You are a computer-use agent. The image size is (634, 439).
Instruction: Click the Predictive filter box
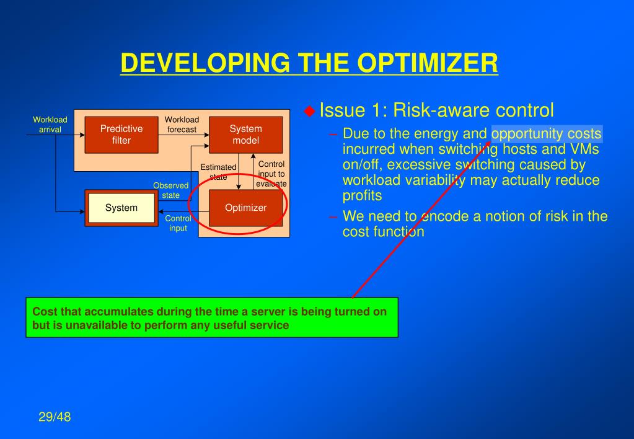(x=121, y=135)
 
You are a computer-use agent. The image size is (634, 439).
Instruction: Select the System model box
(x=245, y=135)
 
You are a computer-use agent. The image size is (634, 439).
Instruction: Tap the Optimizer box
(x=245, y=208)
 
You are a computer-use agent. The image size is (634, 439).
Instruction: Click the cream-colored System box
(x=121, y=208)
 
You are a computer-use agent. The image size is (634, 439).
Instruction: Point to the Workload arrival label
(x=50, y=125)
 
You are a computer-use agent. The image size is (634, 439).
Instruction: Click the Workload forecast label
(x=182, y=125)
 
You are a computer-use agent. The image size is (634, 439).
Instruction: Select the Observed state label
(x=170, y=190)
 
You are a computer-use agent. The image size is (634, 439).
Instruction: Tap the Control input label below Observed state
(x=178, y=223)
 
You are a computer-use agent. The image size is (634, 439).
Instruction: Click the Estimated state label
(x=218, y=172)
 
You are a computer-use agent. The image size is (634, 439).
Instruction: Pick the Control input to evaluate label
(x=271, y=174)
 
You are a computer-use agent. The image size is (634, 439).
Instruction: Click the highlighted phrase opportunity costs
(x=547, y=134)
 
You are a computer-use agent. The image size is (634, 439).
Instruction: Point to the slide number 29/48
(x=55, y=417)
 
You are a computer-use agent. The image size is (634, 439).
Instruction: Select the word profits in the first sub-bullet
(x=363, y=196)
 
